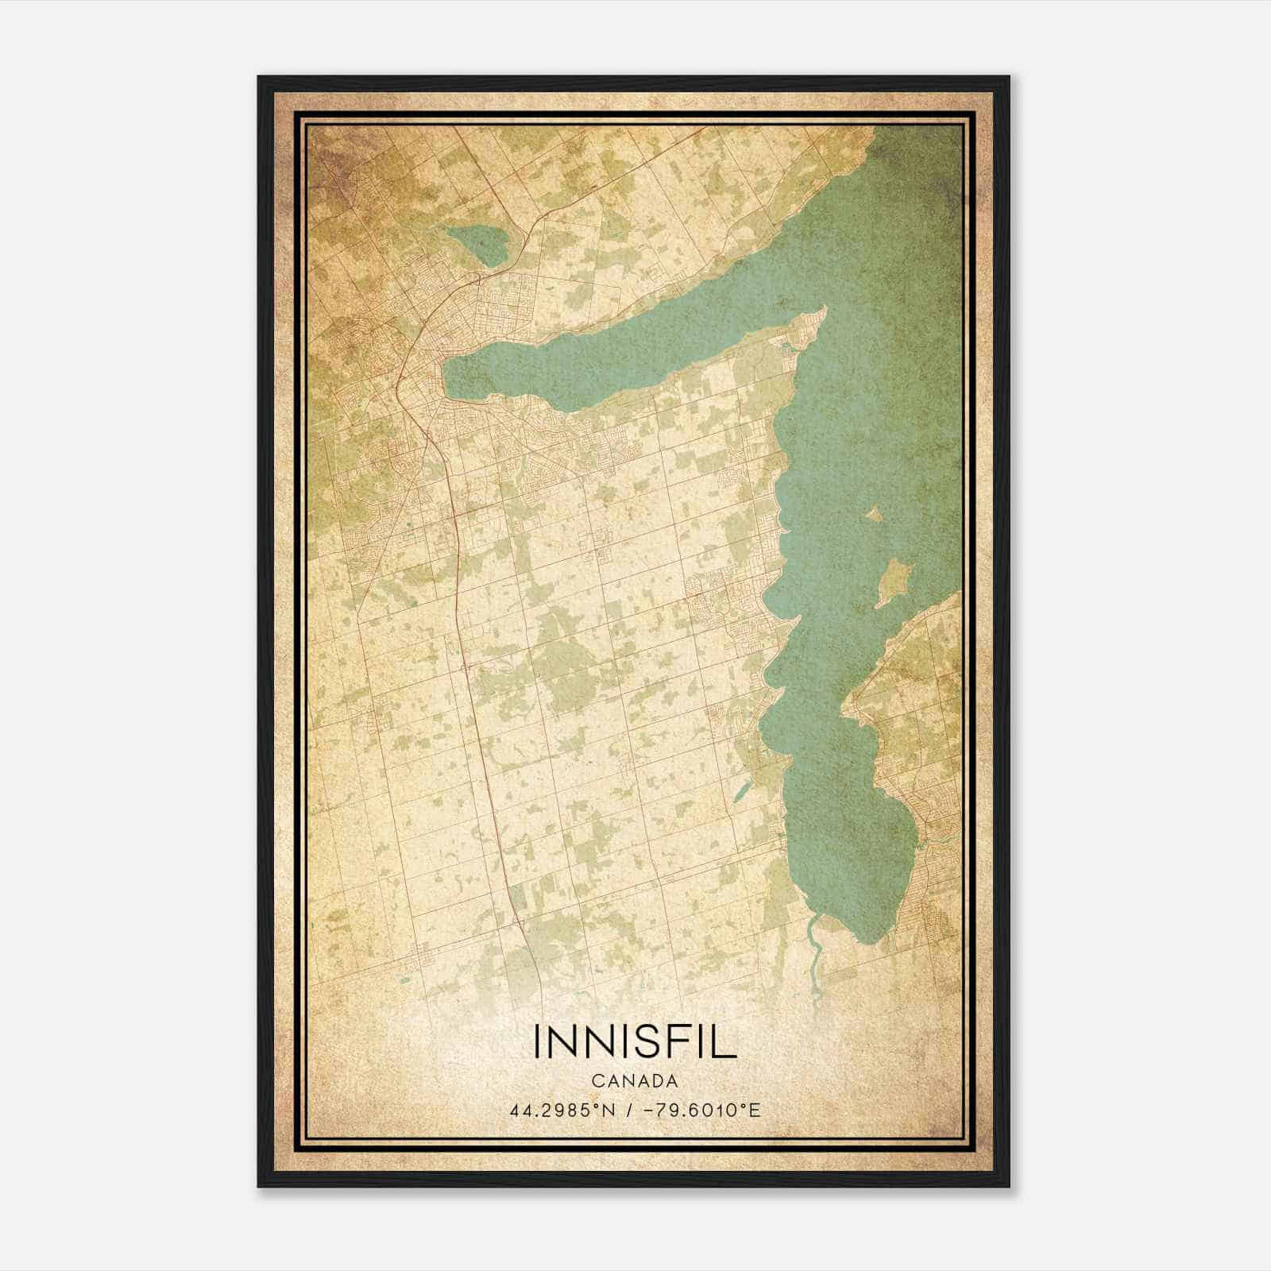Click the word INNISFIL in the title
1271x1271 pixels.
(635, 1041)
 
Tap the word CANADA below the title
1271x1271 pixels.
(635, 1081)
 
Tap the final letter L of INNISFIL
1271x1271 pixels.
(726, 1041)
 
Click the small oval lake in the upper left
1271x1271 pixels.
(476, 245)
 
